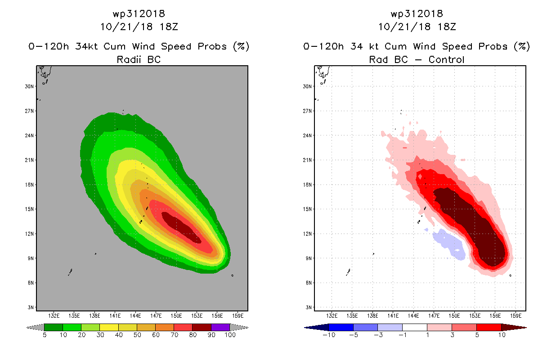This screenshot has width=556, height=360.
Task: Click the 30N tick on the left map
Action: click(x=29, y=86)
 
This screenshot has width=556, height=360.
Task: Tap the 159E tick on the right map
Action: click(x=516, y=315)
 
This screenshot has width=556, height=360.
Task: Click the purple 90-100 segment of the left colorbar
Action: click(x=220, y=327)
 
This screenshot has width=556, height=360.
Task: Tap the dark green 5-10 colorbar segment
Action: click(x=54, y=327)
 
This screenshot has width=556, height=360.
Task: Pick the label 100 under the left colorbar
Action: click(x=229, y=335)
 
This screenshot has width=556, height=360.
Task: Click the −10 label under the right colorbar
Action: click(x=328, y=335)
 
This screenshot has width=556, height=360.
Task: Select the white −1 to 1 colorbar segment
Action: click(x=414, y=327)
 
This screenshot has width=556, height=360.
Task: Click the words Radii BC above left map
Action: click(x=139, y=59)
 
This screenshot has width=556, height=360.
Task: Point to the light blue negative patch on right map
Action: click(x=449, y=244)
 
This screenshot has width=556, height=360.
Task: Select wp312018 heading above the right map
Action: click(x=417, y=13)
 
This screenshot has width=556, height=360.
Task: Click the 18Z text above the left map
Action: click(x=169, y=27)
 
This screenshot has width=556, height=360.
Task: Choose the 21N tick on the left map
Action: click(x=29, y=160)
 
